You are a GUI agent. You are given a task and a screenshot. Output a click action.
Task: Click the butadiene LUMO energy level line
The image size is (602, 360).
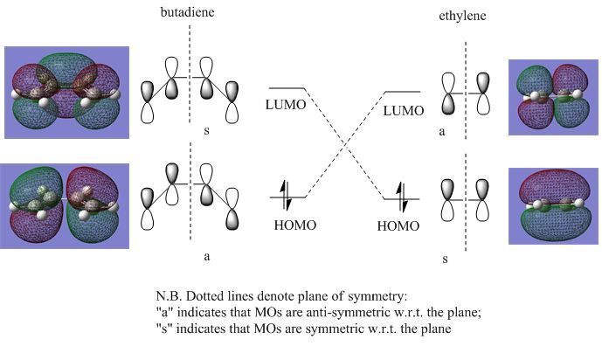pyautogui.click(x=287, y=89)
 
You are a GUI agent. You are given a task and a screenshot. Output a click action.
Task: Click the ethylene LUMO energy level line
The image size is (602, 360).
pyautogui.click(x=403, y=92)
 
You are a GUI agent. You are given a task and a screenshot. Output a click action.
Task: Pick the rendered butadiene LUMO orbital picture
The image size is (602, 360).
pyautogui.click(x=66, y=93)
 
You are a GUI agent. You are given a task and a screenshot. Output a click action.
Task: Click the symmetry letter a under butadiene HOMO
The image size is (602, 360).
pyautogui.click(x=206, y=257)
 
